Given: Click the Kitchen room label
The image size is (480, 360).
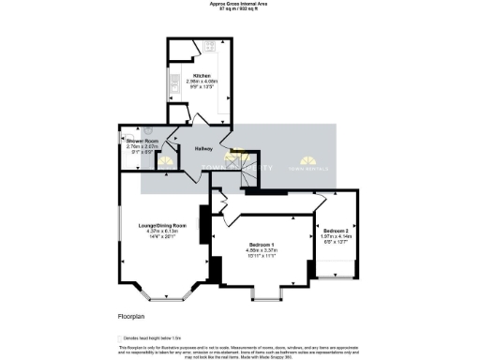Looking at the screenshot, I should click(x=202, y=75).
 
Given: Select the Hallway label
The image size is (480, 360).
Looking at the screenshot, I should click(x=203, y=149).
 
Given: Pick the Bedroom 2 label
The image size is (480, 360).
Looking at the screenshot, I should click(x=336, y=231).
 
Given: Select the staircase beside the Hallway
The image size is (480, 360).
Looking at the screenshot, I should click(x=246, y=169).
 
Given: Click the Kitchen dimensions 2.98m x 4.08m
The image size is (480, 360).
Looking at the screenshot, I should click(x=202, y=82).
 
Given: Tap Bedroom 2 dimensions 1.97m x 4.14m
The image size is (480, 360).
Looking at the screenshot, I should click(x=336, y=237).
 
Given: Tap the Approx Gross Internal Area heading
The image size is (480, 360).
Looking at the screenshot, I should click(x=239, y=5).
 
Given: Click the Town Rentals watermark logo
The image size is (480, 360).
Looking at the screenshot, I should click(x=310, y=162).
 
